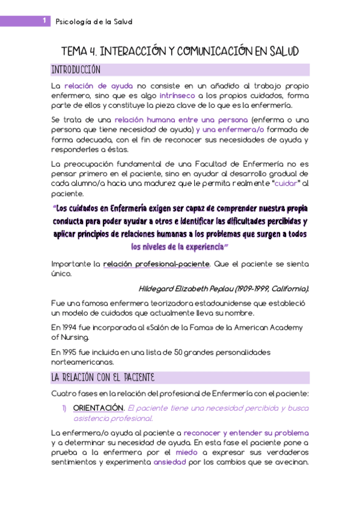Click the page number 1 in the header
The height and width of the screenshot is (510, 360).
(x=44, y=21)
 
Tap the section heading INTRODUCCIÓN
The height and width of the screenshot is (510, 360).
(x=76, y=69)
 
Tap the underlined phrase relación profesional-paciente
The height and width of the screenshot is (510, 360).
(x=156, y=263)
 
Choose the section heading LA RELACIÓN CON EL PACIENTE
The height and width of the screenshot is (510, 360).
(x=103, y=378)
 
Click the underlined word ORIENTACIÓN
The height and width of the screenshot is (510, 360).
(x=99, y=408)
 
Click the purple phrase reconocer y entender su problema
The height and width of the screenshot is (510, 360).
(x=246, y=433)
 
